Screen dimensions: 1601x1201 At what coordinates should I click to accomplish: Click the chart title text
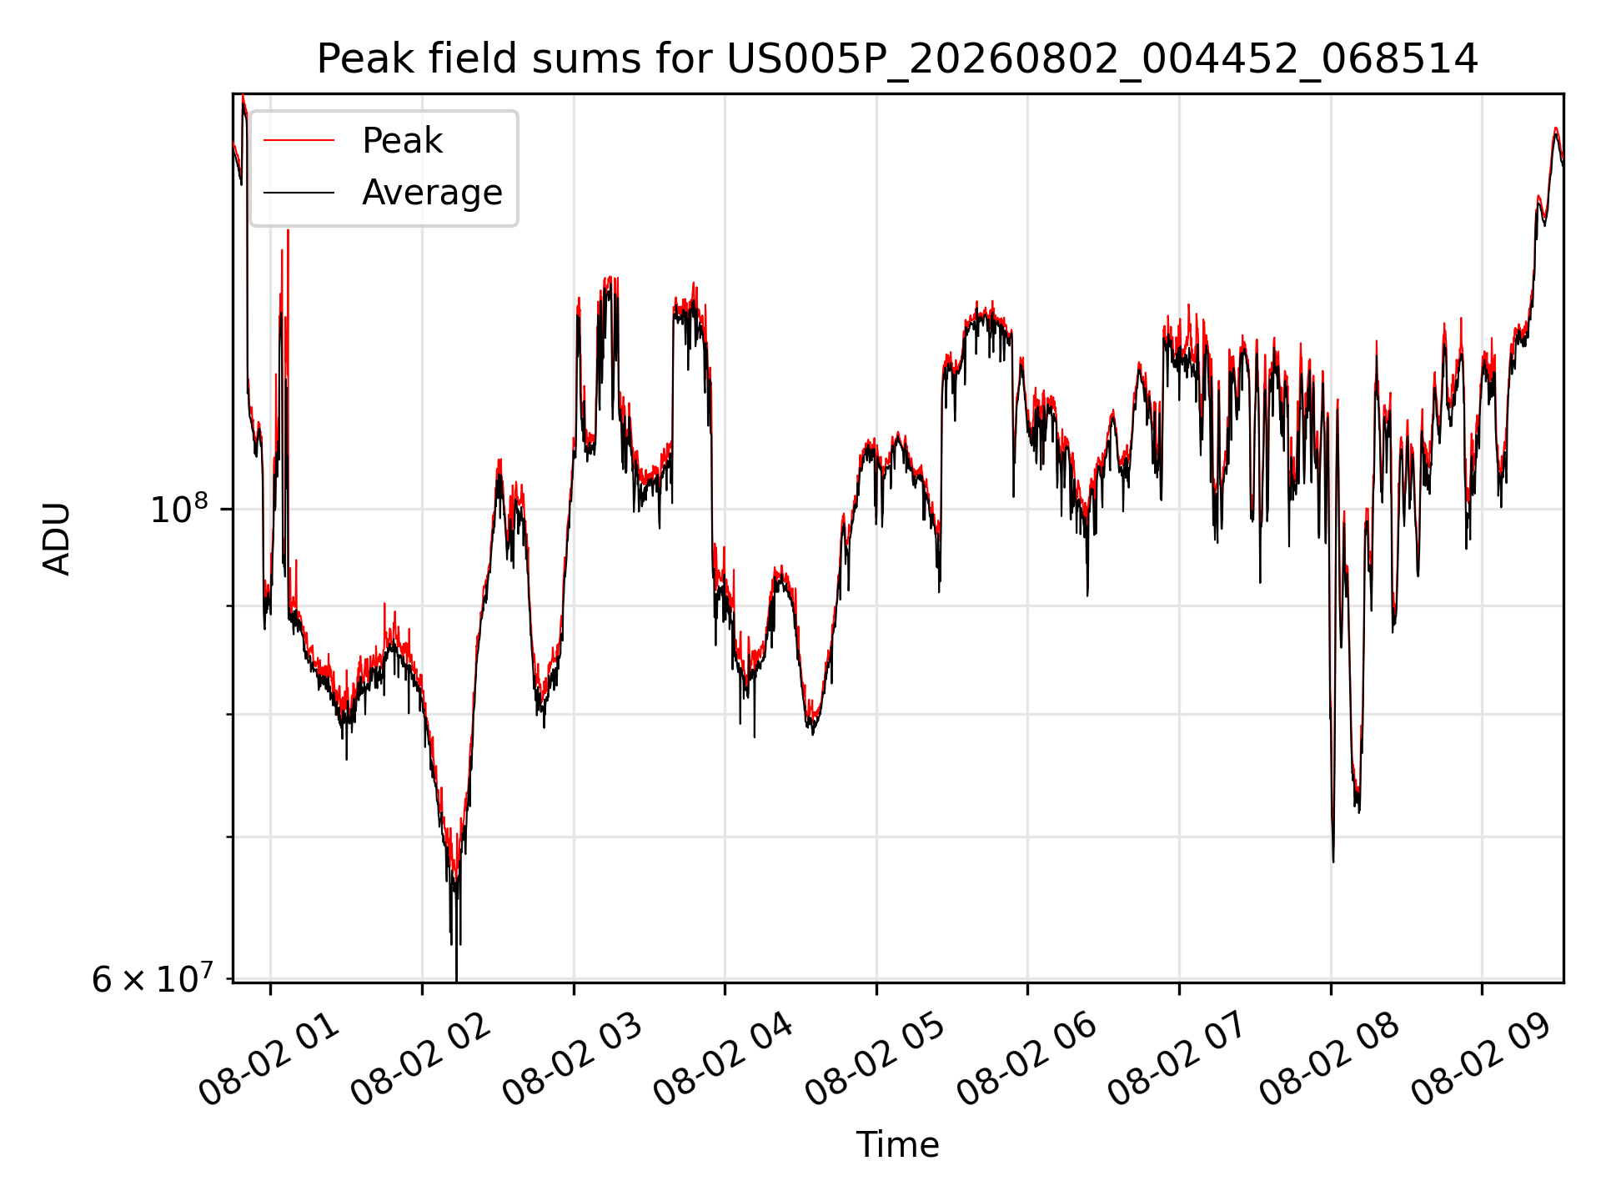897,59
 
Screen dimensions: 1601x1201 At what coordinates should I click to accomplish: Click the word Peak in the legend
402,141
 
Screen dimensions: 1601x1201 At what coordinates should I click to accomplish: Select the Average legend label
432,193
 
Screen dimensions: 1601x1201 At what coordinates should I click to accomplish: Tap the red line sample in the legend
299,141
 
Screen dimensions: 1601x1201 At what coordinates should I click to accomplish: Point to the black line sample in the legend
299,193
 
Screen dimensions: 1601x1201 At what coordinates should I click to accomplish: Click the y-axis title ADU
57,538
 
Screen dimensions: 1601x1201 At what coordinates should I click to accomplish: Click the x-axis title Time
897,1145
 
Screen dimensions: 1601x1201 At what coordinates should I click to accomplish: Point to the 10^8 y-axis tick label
179,508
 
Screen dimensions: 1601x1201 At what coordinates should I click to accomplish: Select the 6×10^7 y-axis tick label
152,978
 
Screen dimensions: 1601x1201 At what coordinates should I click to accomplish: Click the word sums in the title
585,60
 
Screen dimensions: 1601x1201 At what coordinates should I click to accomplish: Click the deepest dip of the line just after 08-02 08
1333,861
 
